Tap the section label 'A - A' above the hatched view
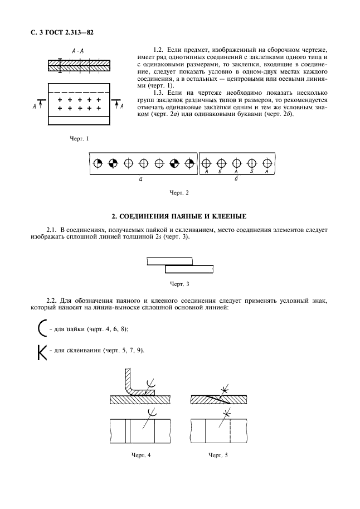(x=77, y=51)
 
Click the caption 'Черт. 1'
(x=79, y=138)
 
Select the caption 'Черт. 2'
(x=179, y=192)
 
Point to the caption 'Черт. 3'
(x=179, y=284)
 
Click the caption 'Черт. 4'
(x=140, y=455)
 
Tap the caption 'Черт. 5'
(x=218, y=455)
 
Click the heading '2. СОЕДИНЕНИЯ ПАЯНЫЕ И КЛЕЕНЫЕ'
(x=179, y=215)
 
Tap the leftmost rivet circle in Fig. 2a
(x=98, y=163)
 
